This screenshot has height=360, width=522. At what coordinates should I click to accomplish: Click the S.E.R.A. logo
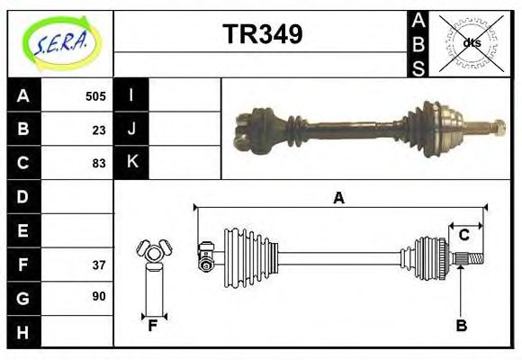pos(59,43)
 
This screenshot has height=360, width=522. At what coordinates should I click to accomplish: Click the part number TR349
pos(262,35)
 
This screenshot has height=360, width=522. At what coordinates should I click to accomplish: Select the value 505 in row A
pos(95,96)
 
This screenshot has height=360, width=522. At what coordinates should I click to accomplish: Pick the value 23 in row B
pos(99,130)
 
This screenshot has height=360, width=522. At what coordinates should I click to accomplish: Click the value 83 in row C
pos(99,163)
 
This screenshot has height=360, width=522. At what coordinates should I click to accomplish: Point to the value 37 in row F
pos(99,265)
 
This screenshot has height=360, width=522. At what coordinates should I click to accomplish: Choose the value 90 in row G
pos(99,296)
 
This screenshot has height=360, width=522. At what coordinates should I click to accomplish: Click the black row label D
pos(23,196)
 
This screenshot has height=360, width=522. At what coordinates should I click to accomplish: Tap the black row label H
pos(23,332)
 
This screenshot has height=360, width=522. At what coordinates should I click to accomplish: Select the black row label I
pos(131,95)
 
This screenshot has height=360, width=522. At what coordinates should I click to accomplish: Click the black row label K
pos(131,163)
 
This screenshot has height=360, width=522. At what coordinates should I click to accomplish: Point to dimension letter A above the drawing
pos(338,198)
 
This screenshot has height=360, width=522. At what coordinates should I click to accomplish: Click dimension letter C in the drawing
pos(464,235)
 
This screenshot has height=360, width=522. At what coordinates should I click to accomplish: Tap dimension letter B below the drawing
pos(461,326)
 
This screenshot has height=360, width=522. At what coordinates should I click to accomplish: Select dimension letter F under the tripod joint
pos(153,326)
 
